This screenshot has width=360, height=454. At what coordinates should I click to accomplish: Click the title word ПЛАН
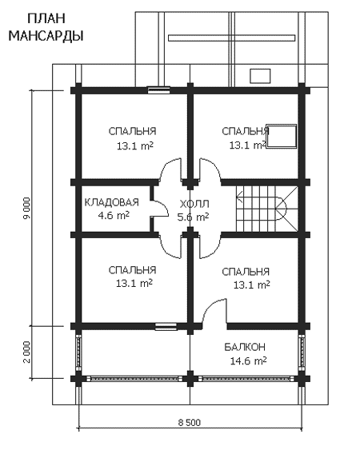(x=46, y=19)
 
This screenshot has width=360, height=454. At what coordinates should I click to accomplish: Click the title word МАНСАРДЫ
(x=46, y=37)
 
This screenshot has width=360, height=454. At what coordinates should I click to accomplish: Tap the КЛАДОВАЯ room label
(x=111, y=202)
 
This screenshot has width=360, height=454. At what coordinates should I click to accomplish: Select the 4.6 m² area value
(x=114, y=216)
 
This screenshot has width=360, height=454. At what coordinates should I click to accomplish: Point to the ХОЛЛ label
(x=194, y=204)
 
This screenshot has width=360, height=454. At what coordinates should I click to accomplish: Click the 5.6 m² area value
(x=193, y=217)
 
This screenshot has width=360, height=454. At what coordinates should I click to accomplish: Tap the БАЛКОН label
(x=245, y=347)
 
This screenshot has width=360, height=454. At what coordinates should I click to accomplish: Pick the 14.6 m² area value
(x=249, y=361)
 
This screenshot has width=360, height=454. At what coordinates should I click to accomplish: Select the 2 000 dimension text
(x=26, y=352)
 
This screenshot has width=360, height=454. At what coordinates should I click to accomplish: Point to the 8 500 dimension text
(x=190, y=423)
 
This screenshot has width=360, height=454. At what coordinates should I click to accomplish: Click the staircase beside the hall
(x=266, y=209)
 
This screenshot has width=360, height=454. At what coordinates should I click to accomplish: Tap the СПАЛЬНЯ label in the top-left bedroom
(x=133, y=131)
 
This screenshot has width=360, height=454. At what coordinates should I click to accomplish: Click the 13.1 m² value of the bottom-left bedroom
(x=134, y=284)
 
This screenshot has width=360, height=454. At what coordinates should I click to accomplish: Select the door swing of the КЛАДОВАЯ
(x=160, y=206)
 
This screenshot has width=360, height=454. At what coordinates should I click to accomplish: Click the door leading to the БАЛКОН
(x=214, y=310)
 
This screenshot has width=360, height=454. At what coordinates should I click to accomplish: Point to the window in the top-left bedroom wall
(x=159, y=90)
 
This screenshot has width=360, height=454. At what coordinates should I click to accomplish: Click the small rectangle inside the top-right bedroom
(x=282, y=136)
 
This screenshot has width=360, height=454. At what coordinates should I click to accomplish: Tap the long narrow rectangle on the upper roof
(x=231, y=38)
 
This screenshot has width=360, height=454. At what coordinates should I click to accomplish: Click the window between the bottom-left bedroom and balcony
(x=166, y=327)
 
